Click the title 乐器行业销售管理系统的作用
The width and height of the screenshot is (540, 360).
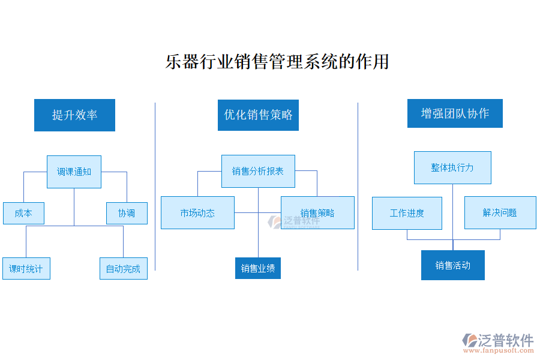(x=277, y=62)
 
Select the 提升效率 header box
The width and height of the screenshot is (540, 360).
(x=74, y=115)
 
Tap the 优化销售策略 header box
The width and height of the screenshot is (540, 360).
(x=258, y=115)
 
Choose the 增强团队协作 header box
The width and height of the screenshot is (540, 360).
(x=455, y=113)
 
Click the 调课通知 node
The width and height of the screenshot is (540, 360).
(x=74, y=172)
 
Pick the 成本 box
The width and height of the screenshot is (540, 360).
(x=23, y=213)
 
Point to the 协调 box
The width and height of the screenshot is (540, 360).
(x=127, y=213)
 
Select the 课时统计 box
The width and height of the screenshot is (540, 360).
(x=26, y=269)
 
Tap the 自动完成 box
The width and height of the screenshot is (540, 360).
(x=123, y=269)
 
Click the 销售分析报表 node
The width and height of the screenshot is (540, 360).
(x=258, y=171)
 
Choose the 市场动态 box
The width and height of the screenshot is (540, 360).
(x=197, y=212)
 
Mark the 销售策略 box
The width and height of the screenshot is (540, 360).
(x=317, y=212)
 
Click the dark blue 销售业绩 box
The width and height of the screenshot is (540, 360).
(x=258, y=268)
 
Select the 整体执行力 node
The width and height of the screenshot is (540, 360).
(x=452, y=167)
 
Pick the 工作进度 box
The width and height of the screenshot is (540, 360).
(x=407, y=212)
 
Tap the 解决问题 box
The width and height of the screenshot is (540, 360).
(x=500, y=212)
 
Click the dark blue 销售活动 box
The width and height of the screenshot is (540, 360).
(x=452, y=265)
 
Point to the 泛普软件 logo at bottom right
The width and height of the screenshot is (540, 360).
(x=497, y=340)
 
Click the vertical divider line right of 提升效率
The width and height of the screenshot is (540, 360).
(x=155, y=186)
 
